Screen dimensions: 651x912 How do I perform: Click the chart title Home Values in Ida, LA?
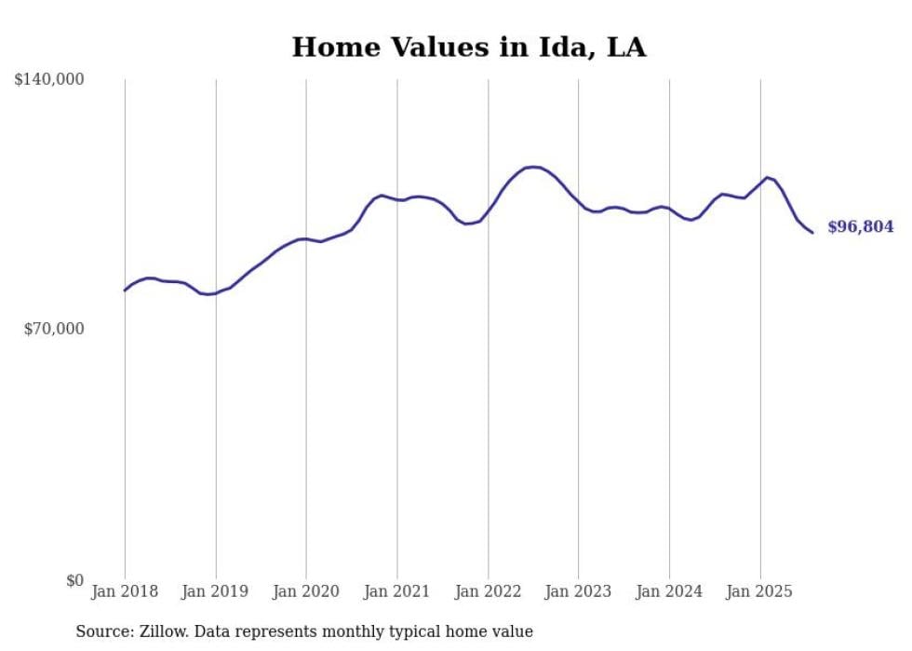[468, 47]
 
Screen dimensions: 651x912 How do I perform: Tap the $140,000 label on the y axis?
[49, 80]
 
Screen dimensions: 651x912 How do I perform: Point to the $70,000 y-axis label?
[54, 329]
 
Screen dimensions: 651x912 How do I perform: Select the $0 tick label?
[74, 580]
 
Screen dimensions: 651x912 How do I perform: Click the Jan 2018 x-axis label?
[125, 591]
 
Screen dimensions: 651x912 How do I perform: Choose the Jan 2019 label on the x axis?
[216, 591]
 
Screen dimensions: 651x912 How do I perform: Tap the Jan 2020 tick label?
[306, 591]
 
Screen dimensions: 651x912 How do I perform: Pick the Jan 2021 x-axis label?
[397, 591]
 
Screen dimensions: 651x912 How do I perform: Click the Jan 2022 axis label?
[488, 591]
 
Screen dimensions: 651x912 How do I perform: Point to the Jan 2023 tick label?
[579, 591]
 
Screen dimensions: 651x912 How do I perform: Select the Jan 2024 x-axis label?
[669, 591]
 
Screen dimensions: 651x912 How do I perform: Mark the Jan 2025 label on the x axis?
[760, 591]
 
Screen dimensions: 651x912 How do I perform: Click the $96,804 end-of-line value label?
[860, 227]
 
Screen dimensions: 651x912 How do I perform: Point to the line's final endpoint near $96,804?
[812, 232]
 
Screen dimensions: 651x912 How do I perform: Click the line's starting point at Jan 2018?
[125, 291]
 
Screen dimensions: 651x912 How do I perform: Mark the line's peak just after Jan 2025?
[767, 177]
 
